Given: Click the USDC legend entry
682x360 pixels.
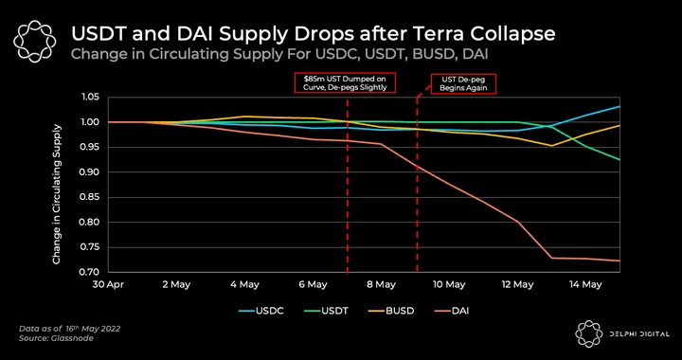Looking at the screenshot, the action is pos(261,311).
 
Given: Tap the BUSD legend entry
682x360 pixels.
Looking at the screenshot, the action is pos(391,311).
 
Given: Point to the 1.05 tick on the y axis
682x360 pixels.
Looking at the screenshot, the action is pos(91,98).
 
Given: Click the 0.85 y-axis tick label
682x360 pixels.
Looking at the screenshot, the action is pos(91,197).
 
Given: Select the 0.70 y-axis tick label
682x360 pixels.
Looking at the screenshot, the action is pos(91,272).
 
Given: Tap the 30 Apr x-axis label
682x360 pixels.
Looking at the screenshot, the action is pos(108,285).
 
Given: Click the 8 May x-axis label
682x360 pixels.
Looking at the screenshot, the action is pos(382,285).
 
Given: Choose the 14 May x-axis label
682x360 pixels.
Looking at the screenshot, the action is pos(585,285).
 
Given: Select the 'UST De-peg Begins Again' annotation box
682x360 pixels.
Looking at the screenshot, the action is pos(463,83).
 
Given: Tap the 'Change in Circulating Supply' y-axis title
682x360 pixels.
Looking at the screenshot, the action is pos(57,194).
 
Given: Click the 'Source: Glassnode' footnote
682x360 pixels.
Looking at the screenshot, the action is pos(56,338).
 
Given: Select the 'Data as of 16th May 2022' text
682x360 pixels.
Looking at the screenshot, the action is pos(69,328).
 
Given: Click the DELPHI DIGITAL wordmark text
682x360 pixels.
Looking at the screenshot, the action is pos(639,333).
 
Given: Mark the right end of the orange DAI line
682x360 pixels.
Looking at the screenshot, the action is pos(619,261).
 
